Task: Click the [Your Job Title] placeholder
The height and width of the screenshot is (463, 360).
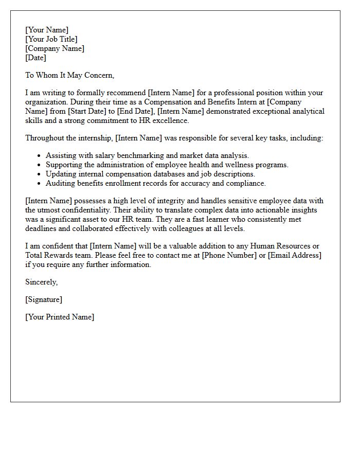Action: click(x=51, y=39)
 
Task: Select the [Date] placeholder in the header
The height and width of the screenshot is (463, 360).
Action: click(x=35, y=58)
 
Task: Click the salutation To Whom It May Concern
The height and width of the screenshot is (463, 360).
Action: click(x=69, y=75)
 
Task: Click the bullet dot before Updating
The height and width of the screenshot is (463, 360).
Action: click(x=39, y=174)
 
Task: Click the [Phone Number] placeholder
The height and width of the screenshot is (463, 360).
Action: click(x=229, y=255)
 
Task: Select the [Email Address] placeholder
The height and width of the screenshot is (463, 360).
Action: click(x=295, y=255)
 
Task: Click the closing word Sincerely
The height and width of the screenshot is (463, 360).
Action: click(x=41, y=282)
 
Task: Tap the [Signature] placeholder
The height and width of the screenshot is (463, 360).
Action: click(x=44, y=299)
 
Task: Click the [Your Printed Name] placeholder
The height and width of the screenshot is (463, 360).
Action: click(x=60, y=317)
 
